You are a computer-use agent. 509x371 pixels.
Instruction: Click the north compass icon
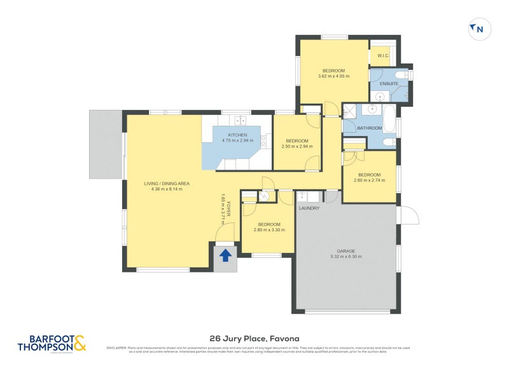tap(480, 29)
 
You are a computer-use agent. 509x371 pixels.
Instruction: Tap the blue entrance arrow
tap(225, 255)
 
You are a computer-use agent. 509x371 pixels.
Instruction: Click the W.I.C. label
tap(383, 56)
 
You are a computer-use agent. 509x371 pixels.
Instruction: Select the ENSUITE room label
tap(389, 84)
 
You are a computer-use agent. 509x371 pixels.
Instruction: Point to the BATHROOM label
tap(369, 128)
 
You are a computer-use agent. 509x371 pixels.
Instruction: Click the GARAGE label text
tap(346, 250)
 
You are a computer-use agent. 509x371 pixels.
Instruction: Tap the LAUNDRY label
tap(309, 208)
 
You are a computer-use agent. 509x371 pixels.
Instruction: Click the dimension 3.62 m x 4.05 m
tap(334, 76)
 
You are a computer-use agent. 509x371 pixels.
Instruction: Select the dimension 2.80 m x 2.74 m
tap(369, 180)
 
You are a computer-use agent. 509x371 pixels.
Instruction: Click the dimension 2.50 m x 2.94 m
tap(297, 146)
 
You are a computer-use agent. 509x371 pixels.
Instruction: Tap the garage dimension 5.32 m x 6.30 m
tap(346, 257)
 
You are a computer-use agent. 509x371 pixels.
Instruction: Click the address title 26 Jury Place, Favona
tap(254, 339)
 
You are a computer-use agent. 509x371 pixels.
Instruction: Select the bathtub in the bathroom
tap(389, 118)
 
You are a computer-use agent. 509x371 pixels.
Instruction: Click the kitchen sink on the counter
tap(241, 119)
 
